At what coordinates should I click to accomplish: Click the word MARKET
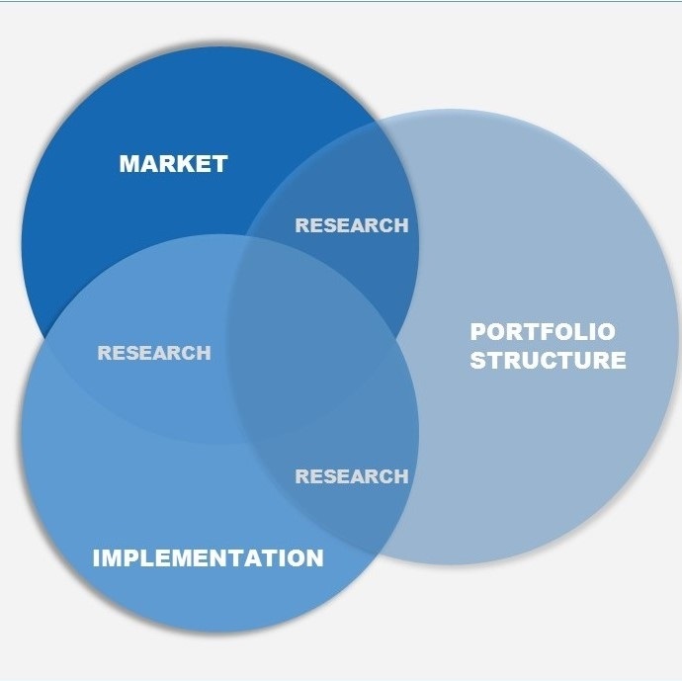173,164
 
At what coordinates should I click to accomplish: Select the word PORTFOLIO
542,332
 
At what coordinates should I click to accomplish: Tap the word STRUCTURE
548,360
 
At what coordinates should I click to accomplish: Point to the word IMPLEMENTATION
208,558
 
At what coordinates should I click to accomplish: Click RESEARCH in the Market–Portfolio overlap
351,225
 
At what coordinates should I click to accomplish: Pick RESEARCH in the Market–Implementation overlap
153,353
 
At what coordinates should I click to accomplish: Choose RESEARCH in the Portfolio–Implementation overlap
351,476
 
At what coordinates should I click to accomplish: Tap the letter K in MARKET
183,164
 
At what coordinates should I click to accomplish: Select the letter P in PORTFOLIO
477,332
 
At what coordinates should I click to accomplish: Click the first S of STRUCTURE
477,360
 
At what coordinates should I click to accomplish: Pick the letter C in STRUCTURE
547,360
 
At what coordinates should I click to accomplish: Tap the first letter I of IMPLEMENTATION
96,558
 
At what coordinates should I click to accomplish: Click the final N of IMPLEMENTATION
314,558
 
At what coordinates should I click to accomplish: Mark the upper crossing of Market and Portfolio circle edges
377,124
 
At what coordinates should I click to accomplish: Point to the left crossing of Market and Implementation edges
42,335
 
